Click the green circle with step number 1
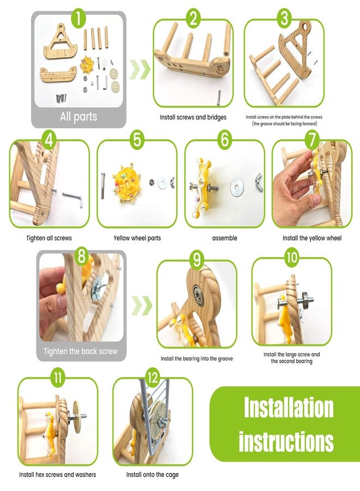coord(78,18)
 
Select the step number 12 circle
coord(152,378)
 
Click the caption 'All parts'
coord(79,117)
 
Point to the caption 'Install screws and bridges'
coord(193,117)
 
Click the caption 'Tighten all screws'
coord(49,238)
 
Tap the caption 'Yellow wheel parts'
coord(137,238)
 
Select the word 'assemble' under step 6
coord(224,238)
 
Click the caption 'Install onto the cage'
coord(152,475)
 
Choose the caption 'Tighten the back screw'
coord(80,351)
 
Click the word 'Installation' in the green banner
coord(289,408)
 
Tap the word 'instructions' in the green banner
coord(286,441)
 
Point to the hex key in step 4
coord(73,198)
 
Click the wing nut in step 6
coord(259,181)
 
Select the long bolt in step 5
coord(103,185)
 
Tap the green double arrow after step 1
coord(140,69)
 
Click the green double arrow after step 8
coord(142,305)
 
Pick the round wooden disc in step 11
coord(76,416)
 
